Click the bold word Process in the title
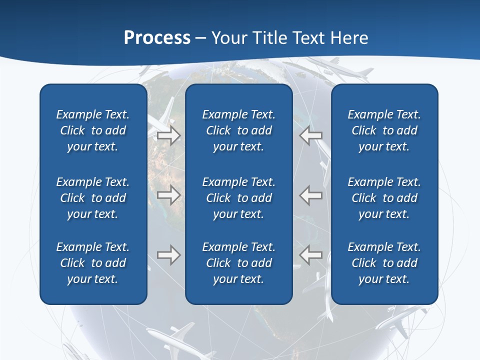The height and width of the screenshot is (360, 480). tap(157, 38)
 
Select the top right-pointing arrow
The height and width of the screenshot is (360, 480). tap(169, 135)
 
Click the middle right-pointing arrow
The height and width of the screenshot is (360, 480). tap(169, 194)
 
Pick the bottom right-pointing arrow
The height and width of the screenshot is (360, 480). tap(169, 254)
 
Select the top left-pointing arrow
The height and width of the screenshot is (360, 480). tap(310, 135)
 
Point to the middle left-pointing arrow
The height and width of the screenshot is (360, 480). tap(310, 194)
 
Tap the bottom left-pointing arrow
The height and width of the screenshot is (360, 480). tap(310, 254)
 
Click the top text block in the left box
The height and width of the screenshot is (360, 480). tap(93, 130)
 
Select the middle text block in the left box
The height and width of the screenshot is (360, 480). tap(93, 198)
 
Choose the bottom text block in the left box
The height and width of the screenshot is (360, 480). tap(93, 263)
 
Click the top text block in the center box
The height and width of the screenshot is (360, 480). tap(238, 130)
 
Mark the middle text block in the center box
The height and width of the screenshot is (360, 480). tap(238, 198)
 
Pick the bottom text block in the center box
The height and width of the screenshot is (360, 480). tap(238, 263)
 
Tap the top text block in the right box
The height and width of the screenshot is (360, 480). tap(384, 130)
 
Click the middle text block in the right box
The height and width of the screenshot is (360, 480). tap(384, 198)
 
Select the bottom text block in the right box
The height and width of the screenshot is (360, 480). tap(384, 263)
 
